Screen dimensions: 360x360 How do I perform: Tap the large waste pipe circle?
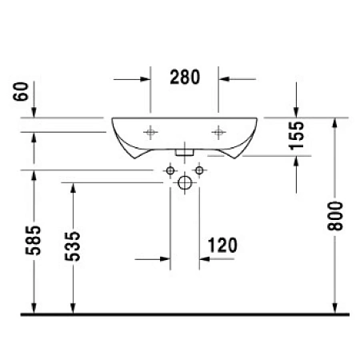click(x=185, y=183)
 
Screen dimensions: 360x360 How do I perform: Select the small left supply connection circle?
click(x=170, y=170)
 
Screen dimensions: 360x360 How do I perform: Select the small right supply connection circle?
click(x=200, y=170)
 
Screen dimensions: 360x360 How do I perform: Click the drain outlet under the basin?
click(x=185, y=150)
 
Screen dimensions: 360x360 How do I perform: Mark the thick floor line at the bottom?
click(x=180, y=314)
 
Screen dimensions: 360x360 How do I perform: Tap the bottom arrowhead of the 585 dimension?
click(x=35, y=307)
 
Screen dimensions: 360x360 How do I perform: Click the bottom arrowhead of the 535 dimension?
click(x=73, y=307)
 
